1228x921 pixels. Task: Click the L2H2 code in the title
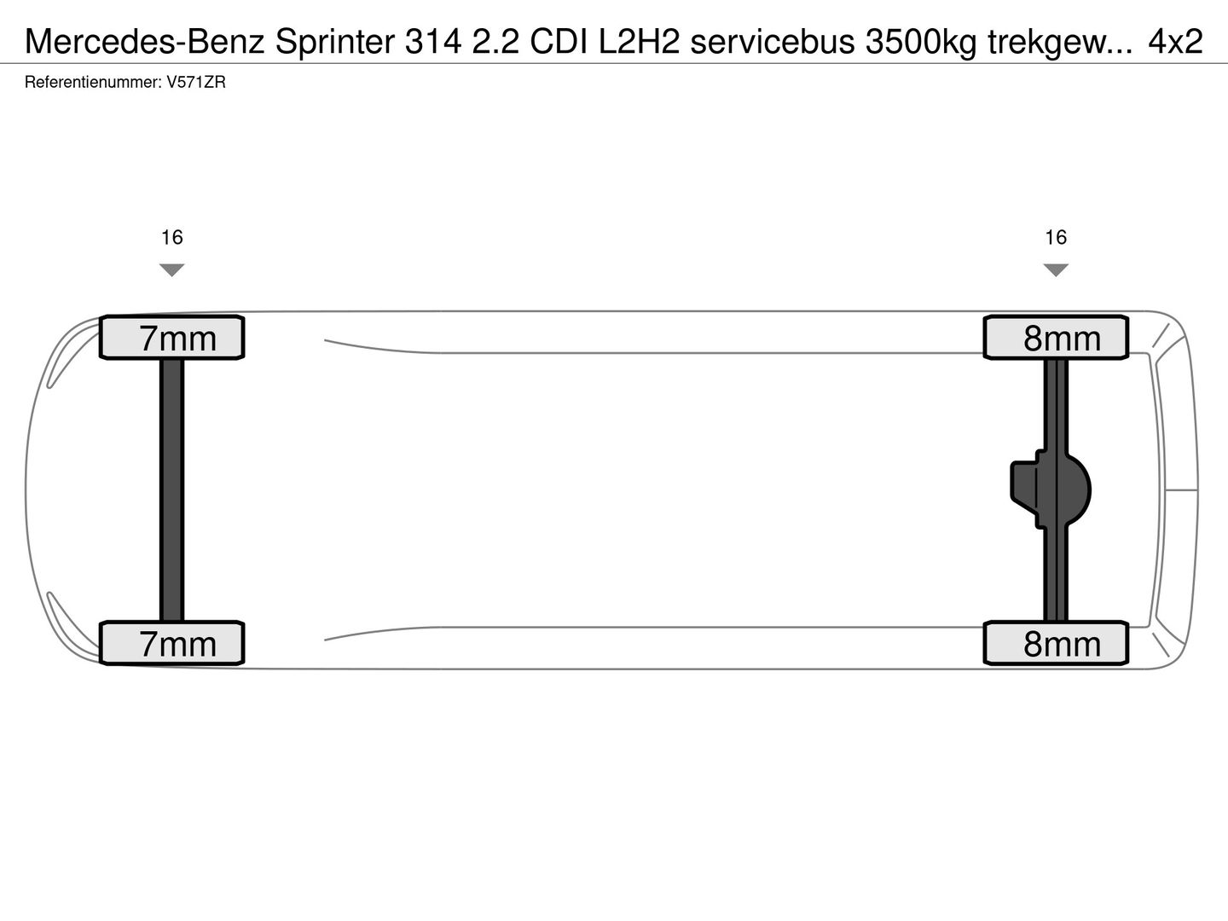639,41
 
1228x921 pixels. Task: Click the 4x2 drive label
1175,41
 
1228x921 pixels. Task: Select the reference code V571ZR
196,83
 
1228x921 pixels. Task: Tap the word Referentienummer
92,83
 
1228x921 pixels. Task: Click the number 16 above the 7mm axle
172,237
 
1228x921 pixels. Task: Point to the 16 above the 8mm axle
1056,237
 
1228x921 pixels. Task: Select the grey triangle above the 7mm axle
172,269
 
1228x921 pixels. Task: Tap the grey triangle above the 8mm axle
1056,269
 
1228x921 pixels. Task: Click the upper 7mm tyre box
172,338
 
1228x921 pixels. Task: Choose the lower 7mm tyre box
172,643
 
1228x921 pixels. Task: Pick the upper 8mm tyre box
1056,338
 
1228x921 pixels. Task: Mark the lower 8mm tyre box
1056,643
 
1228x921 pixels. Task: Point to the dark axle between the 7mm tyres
172,490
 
